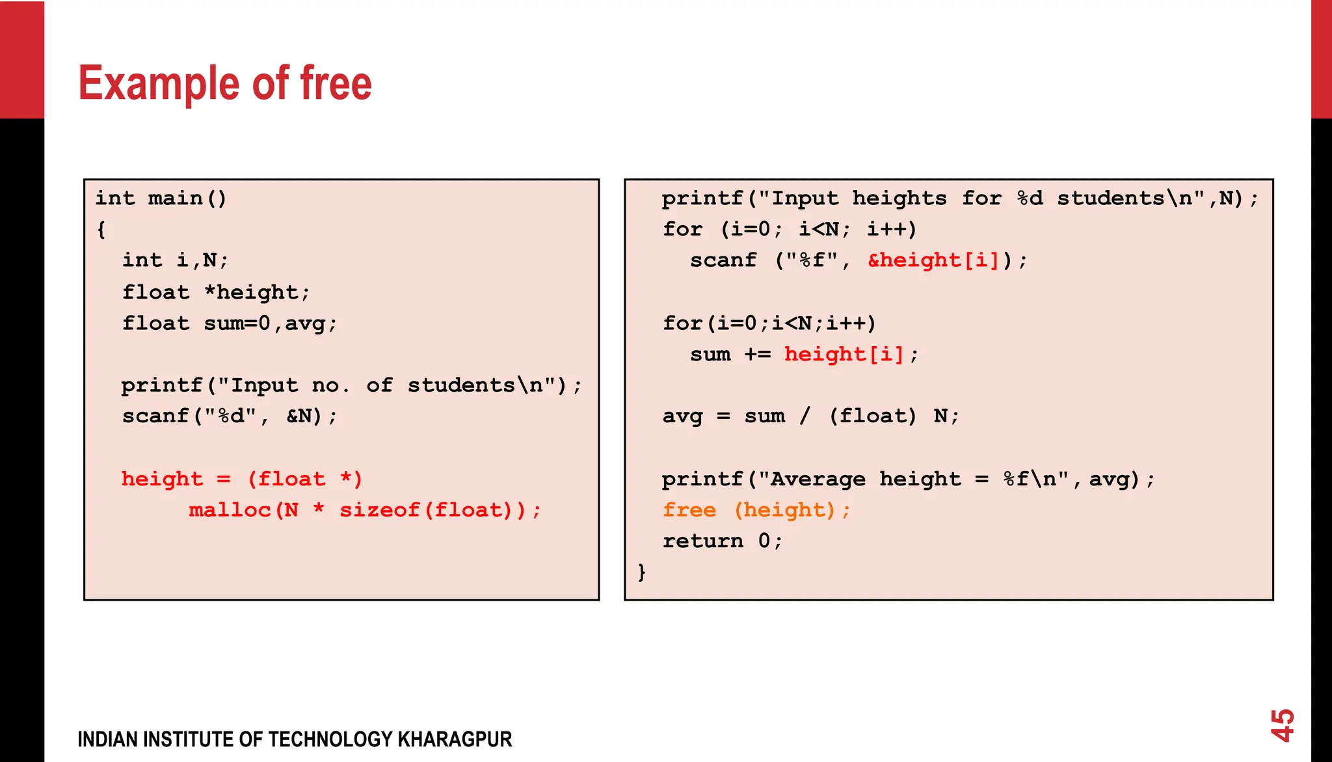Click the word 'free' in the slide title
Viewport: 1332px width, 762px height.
[x=336, y=83]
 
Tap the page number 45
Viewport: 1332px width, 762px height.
[x=1283, y=726]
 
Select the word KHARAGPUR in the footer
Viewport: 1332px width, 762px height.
[x=455, y=740]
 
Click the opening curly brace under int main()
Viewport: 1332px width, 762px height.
[x=101, y=230]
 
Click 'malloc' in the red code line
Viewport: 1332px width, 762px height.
[x=230, y=510]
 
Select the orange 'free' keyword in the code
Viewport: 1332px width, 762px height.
[x=689, y=510]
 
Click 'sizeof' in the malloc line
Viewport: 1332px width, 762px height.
[x=380, y=510]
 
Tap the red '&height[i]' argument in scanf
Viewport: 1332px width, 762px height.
[x=933, y=261]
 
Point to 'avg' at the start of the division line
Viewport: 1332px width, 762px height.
[x=682, y=416]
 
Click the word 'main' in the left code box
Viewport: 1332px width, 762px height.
[x=175, y=198]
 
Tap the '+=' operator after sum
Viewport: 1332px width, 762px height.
[x=758, y=355]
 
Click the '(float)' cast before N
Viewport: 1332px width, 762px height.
[x=872, y=416]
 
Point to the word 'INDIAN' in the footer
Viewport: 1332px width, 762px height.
[x=107, y=740]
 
